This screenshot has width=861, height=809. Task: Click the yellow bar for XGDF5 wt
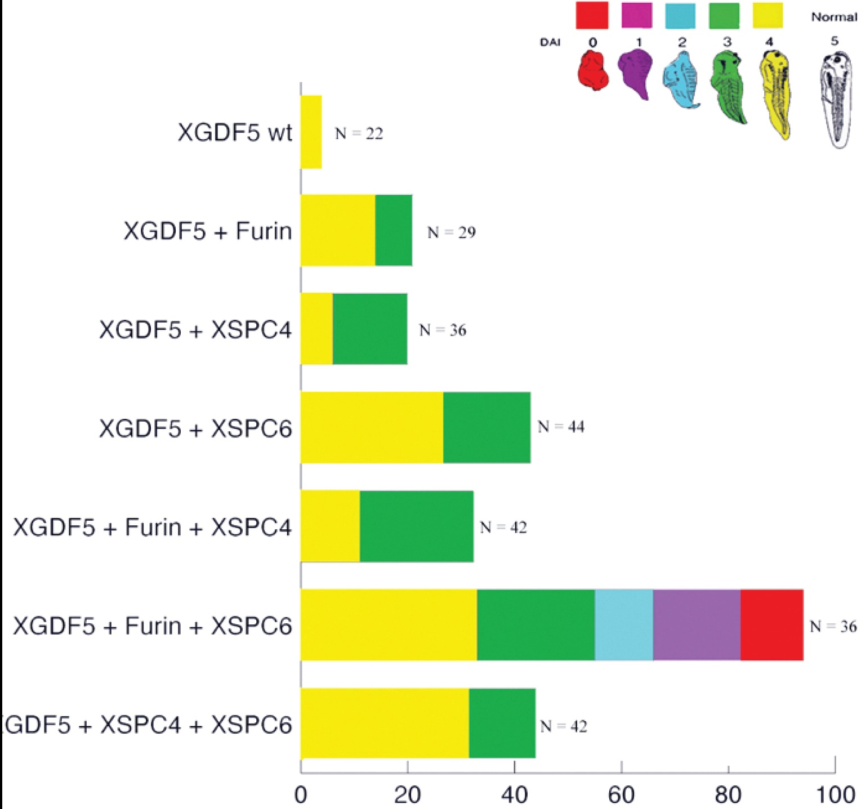(311, 132)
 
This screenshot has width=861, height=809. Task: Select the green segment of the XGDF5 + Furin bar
(394, 230)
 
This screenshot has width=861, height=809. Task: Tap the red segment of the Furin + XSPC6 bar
(771, 625)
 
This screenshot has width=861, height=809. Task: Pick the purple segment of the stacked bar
(697, 625)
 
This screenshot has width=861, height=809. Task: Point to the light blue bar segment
(624, 625)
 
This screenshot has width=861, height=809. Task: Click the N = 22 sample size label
(359, 134)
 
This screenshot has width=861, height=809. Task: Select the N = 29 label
(451, 233)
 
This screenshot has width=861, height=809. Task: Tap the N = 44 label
(561, 427)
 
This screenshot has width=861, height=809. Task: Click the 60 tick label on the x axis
(621, 794)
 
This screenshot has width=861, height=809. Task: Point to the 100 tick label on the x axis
(835, 794)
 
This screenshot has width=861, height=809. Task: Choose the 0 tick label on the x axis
(301, 794)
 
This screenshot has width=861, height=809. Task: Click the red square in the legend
(592, 15)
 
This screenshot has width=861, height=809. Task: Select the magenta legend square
(636, 15)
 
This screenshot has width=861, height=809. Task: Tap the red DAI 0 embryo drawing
(593, 70)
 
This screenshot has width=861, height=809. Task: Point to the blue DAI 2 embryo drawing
(682, 79)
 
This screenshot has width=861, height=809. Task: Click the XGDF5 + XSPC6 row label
(195, 429)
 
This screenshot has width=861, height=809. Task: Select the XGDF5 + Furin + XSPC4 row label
(152, 528)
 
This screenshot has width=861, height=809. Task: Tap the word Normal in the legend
(834, 17)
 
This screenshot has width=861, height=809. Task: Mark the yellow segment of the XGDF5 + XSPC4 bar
(316, 329)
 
